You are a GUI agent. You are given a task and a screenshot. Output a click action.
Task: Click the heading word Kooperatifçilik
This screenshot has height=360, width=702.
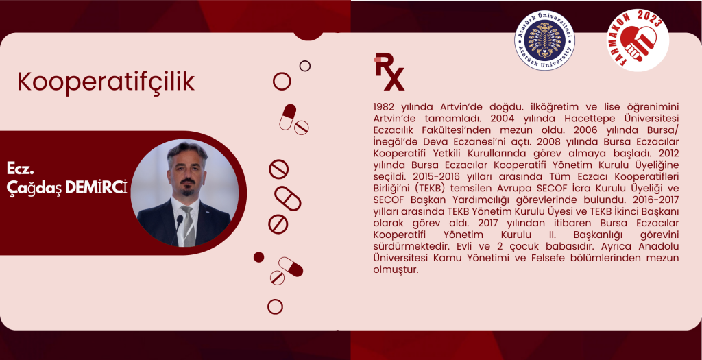point(106,82)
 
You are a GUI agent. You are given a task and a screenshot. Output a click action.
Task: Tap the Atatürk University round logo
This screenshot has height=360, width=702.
point(544,40)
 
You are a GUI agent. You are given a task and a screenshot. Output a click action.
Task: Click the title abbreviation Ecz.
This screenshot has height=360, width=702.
point(21,169)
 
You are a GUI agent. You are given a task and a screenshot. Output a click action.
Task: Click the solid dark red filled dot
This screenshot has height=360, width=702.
point(258,257)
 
